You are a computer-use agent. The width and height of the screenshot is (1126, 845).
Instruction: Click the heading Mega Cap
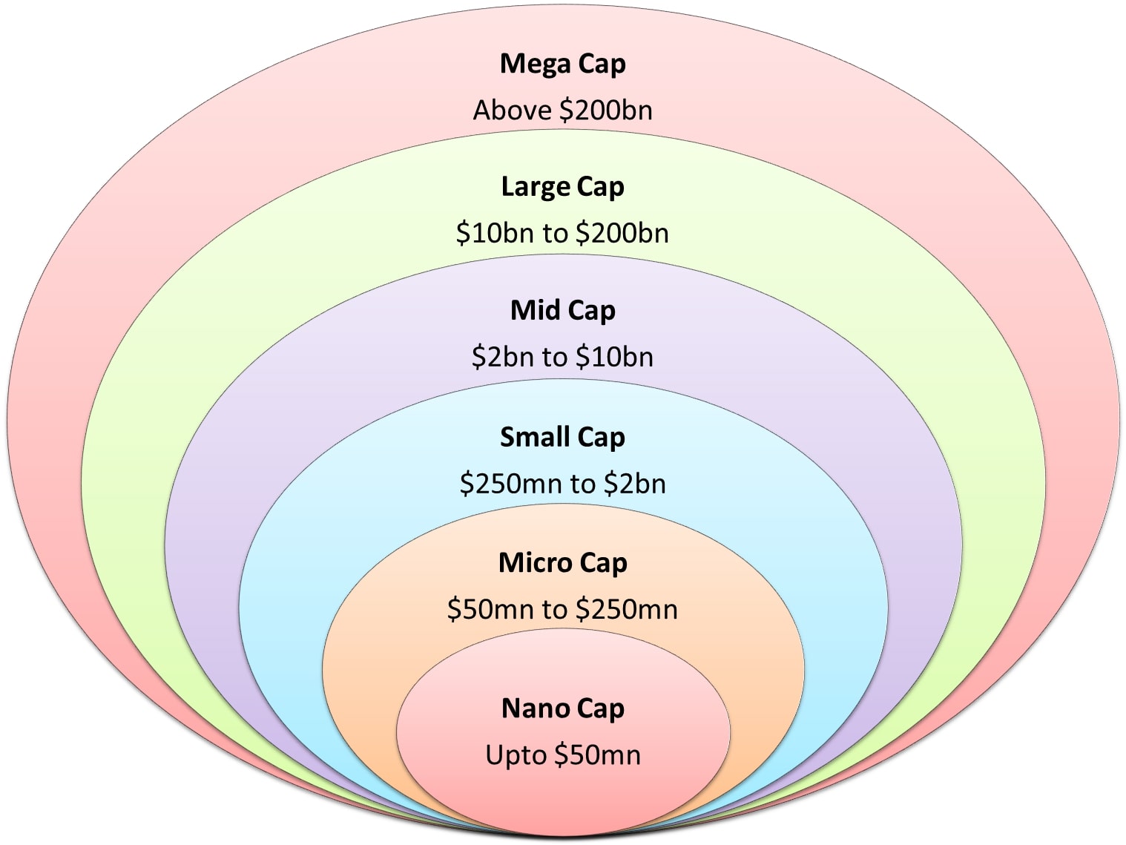click(562, 64)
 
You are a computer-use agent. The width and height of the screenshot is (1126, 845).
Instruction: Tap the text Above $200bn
click(562, 111)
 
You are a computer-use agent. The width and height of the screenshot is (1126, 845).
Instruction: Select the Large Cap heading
click(562, 187)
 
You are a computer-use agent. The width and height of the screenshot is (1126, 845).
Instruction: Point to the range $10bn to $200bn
click(562, 234)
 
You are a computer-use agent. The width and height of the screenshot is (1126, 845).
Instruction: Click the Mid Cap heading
click(562, 311)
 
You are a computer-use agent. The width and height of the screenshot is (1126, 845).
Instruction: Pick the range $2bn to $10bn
click(562, 358)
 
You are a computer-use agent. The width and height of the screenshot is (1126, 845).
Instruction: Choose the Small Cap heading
click(562, 438)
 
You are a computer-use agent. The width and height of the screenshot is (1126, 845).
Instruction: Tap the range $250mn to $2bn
click(562, 484)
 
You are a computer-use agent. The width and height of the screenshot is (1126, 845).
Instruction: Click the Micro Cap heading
click(562, 563)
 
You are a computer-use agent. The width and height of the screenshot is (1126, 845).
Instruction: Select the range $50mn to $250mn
click(562, 610)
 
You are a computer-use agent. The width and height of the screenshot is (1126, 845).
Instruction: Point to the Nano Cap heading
click(562, 708)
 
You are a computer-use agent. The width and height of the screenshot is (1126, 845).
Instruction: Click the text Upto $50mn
click(562, 755)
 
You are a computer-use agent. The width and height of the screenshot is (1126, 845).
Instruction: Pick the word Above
click(513, 111)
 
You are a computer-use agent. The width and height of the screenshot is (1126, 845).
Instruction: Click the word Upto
click(516, 755)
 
